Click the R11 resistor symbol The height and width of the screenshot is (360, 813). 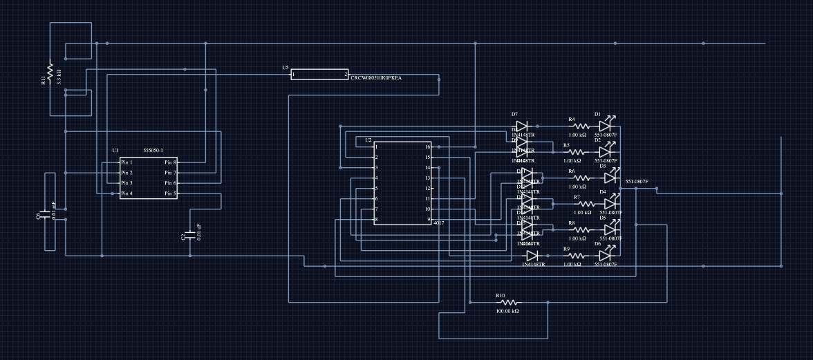click(50, 70)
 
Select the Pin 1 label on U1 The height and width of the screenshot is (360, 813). click(127, 162)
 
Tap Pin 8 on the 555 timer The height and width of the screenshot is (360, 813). click(170, 162)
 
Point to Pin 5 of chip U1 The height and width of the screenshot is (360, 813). click(170, 194)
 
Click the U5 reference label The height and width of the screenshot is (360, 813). click(286, 68)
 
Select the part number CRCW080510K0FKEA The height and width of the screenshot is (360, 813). click(376, 79)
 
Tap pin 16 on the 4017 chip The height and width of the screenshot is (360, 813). click(428, 146)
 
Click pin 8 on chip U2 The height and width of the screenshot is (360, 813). click(376, 220)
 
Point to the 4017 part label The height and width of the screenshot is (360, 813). click(438, 224)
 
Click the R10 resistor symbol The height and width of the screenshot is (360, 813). click(509, 303)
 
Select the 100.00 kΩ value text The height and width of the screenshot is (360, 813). click(507, 311)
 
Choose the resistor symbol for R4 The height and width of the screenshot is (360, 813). click(580, 126)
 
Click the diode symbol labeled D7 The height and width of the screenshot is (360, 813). click(523, 126)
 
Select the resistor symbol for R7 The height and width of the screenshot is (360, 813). click(585, 204)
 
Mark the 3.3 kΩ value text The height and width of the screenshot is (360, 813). click(59, 76)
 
